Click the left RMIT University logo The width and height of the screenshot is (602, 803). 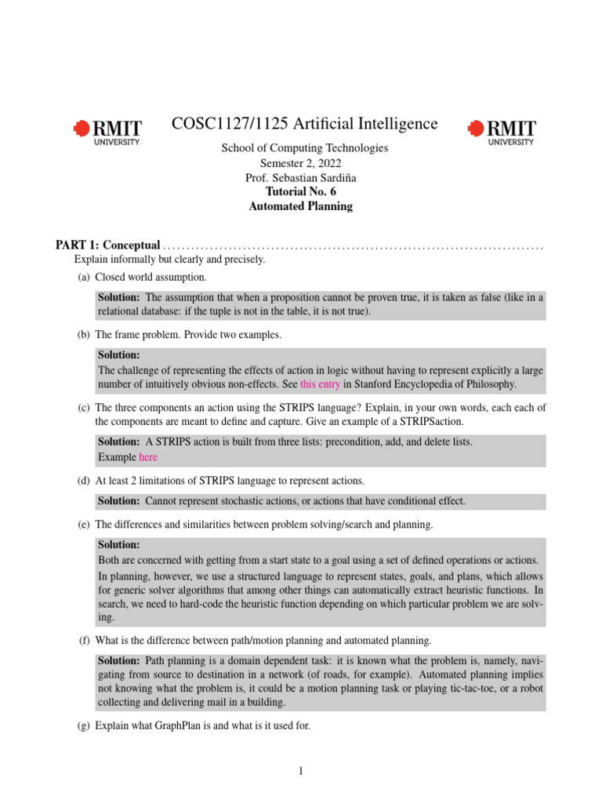[107, 132]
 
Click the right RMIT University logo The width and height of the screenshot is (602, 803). [502, 132]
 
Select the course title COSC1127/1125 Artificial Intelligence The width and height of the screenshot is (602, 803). [304, 124]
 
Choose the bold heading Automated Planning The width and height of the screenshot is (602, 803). [300, 206]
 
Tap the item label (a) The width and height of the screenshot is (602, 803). [83, 278]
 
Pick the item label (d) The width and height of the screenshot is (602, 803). [83, 480]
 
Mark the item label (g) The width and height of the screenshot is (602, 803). [83, 726]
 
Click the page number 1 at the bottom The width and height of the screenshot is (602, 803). [300, 772]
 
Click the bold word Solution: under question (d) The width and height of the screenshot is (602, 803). [119, 501]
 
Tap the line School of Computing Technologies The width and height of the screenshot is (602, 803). [304, 148]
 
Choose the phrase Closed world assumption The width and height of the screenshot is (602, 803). [150, 278]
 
